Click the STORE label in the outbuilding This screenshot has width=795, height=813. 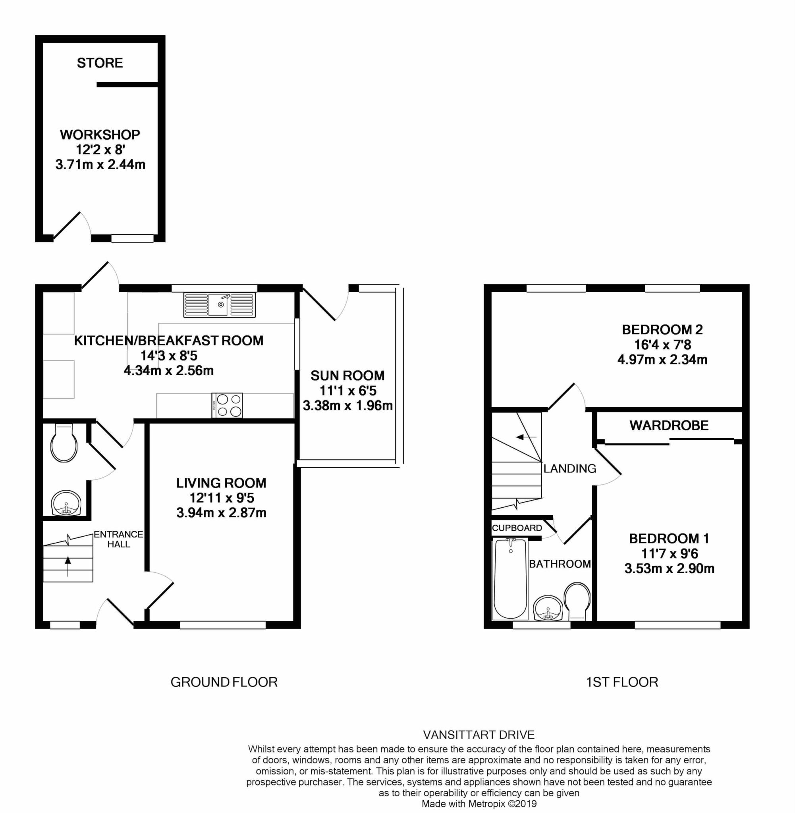pos(100,63)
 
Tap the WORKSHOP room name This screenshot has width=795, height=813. pos(100,135)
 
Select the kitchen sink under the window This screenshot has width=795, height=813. pos(219,304)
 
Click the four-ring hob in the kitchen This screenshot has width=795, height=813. pos(227,405)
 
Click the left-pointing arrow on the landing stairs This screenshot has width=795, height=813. pos(526,437)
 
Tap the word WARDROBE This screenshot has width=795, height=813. pos(669,425)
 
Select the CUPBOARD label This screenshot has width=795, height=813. pos(517,528)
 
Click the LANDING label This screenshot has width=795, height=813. pos(569,469)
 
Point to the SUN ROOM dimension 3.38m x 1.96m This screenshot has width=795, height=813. pos(347,405)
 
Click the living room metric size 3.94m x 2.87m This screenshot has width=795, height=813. pos(221,512)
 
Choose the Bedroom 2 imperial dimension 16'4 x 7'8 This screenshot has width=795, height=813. pos(663,344)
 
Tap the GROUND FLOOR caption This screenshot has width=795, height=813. pos(224,682)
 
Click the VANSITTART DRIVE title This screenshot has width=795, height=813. pos(479,734)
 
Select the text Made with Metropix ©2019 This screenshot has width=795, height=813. pos(479,803)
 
